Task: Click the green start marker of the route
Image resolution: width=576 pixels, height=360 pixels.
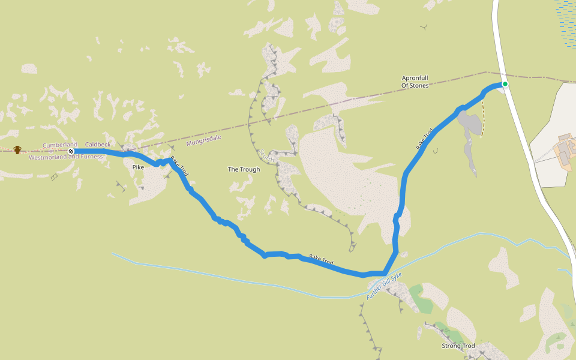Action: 505,84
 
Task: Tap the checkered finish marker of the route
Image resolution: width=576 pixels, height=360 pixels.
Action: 71,151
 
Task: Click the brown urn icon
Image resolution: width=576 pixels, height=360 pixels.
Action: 17,149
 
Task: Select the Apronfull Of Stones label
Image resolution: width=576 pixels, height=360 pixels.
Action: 415,82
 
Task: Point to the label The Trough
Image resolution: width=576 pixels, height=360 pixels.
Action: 244,169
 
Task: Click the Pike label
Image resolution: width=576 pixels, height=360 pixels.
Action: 138,167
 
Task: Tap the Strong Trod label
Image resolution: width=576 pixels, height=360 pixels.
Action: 458,346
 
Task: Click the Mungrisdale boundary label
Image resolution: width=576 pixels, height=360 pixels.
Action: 203,140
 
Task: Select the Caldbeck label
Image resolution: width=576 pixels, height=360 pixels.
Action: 98,145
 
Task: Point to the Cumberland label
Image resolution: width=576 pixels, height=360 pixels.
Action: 59,145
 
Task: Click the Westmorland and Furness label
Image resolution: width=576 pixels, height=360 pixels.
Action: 66,157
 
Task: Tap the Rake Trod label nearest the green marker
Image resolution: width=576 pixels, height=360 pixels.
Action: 424,139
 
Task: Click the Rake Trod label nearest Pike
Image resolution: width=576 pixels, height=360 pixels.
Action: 179,166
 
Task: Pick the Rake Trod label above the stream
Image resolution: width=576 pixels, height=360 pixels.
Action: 321,260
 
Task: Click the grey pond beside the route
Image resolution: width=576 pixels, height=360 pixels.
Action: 471,123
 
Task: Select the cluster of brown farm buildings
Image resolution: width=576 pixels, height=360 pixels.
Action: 566,150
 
